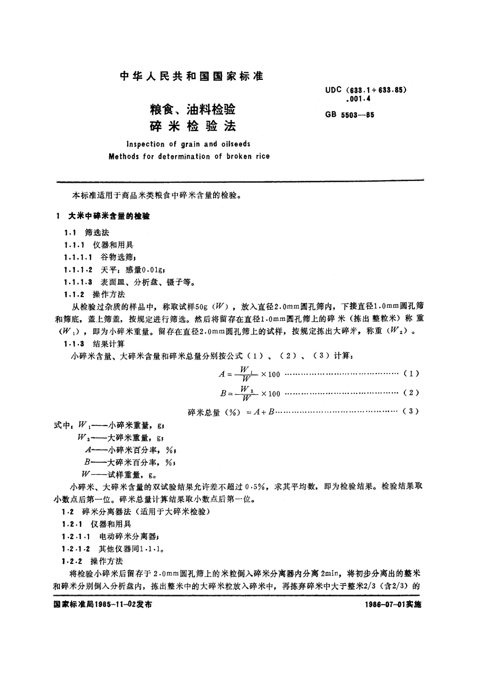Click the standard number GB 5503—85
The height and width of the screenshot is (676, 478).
[x=350, y=115]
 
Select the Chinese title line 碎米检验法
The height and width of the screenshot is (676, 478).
[x=193, y=126]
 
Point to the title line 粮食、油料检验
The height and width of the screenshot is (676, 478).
[x=192, y=109]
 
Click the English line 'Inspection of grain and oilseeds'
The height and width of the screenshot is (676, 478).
[x=188, y=144]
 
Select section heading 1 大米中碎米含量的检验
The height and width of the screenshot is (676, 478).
[x=103, y=216]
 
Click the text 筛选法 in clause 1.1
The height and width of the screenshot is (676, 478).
[x=97, y=232]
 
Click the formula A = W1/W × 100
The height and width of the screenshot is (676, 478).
[x=249, y=374]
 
